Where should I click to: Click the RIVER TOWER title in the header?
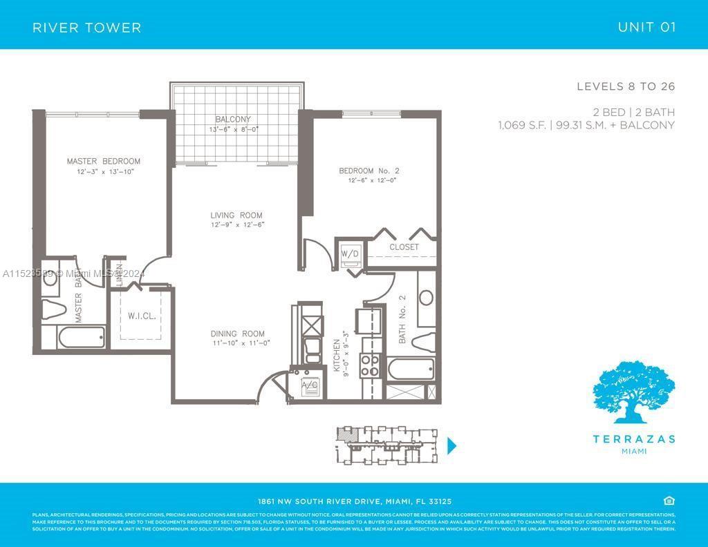click(87, 28)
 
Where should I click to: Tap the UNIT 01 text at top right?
click(646, 28)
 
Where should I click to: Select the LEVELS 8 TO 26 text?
click(626, 86)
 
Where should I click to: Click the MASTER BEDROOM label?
click(103, 162)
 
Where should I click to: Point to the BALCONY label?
click(232, 119)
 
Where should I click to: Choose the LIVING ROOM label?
click(236, 215)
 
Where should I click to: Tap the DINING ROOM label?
click(237, 334)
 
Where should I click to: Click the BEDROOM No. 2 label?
click(369, 171)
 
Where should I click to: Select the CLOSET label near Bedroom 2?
click(404, 247)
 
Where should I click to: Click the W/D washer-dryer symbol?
click(350, 254)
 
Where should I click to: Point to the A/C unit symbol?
click(310, 386)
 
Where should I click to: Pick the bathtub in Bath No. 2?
click(411, 369)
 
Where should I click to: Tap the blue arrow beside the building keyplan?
click(452, 445)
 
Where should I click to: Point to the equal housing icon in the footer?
click(669, 501)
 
